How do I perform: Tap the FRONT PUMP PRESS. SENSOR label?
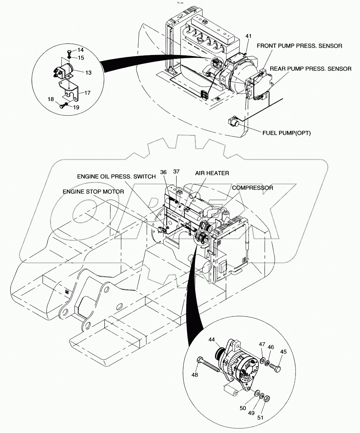pyautogui.click(x=299, y=46)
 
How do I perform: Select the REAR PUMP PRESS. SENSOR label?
pyautogui.click(x=311, y=69)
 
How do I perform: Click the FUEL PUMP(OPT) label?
pyautogui.click(x=286, y=133)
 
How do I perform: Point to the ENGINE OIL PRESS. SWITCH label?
pyautogui.click(x=116, y=177)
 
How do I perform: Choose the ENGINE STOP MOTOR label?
pyautogui.click(x=93, y=191)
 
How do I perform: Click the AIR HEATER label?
pyautogui.click(x=212, y=173)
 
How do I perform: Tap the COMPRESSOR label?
pyautogui.click(x=253, y=188)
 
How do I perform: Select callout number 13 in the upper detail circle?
pyautogui.click(x=88, y=72)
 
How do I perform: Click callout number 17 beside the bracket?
pyautogui.click(x=87, y=93)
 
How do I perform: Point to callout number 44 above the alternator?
pyautogui.click(x=212, y=339)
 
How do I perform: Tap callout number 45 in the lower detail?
pyautogui.click(x=283, y=352)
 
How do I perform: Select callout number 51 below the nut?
pyautogui.click(x=260, y=417)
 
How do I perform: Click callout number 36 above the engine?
pyautogui.click(x=163, y=172)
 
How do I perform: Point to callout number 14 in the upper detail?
pyautogui.click(x=81, y=50)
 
